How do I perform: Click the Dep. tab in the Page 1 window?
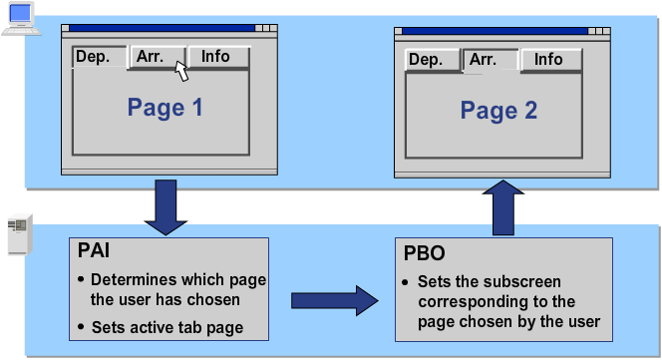point(93,57)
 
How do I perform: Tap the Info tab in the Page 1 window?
point(215,57)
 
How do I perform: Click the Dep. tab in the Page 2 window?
point(426,60)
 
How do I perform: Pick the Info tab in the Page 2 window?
point(547,60)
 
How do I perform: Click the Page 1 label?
point(165,108)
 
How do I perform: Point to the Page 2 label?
point(498,111)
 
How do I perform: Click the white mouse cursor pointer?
point(181,71)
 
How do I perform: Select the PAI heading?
point(94,253)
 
